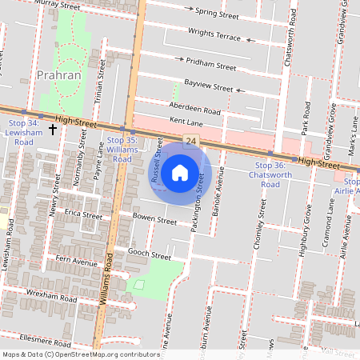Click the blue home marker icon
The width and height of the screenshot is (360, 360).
pyautogui.click(x=180, y=172)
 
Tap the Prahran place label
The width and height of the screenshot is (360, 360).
pyautogui.click(x=59, y=75)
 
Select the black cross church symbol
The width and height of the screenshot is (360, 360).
pyautogui.click(x=53, y=129)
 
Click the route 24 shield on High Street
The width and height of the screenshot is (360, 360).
pyautogui.click(x=190, y=142)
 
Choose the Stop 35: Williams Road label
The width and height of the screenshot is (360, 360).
pyautogui.click(x=122, y=150)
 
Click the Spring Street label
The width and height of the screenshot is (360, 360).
pyautogui.click(x=217, y=14)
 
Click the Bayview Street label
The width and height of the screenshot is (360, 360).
pyautogui.click(x=208, y=85)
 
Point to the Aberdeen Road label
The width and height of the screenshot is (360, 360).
pyautogui.click(x=194, y=108)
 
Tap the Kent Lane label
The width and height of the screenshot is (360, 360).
pyautogui.click(x=187, y=122)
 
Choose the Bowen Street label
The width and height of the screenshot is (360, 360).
pyautogui.click(x=154, y=219)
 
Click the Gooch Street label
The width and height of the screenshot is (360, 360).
pyautogui.click(x=149, y=254)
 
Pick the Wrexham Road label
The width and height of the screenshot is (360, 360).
pyautogui.click(x=50, y=295)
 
